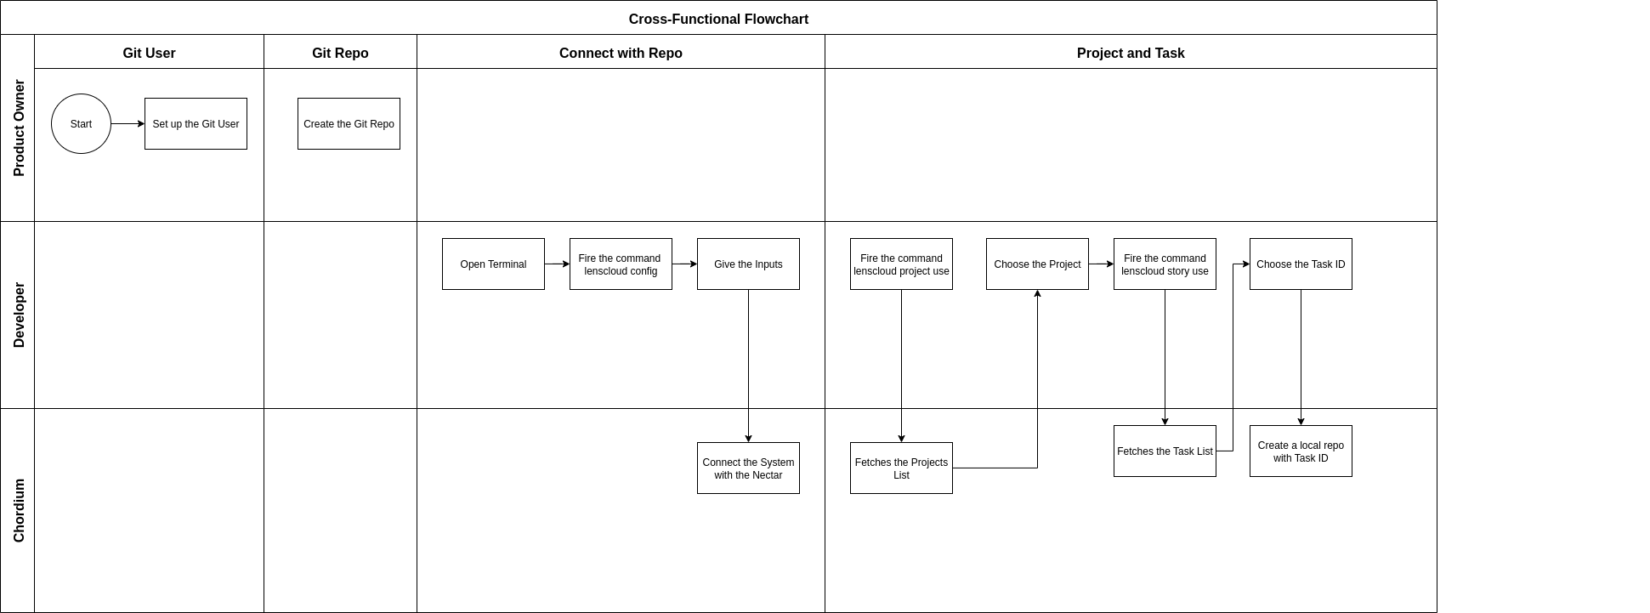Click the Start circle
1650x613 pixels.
81,124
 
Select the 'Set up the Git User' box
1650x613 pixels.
196,124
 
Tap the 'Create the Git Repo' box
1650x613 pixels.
349,124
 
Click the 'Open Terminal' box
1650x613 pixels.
493,264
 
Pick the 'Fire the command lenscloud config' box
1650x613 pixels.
621,264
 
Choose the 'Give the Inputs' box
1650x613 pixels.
748,264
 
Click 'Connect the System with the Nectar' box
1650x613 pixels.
748,468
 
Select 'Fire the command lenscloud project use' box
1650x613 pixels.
901,264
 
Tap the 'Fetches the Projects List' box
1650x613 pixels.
901,468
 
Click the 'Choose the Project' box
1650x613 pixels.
1037,264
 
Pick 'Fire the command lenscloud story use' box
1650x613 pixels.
1165,264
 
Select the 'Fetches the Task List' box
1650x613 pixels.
1165,451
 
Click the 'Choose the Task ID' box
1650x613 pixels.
1301,264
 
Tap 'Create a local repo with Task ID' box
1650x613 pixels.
1301,451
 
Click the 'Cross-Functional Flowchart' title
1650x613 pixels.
718,19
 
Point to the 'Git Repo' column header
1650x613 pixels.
340,53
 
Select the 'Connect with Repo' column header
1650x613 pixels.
621,53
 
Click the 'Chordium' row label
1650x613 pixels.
19,510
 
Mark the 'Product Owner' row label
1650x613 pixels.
19,128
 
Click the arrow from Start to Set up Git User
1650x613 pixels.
128,124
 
